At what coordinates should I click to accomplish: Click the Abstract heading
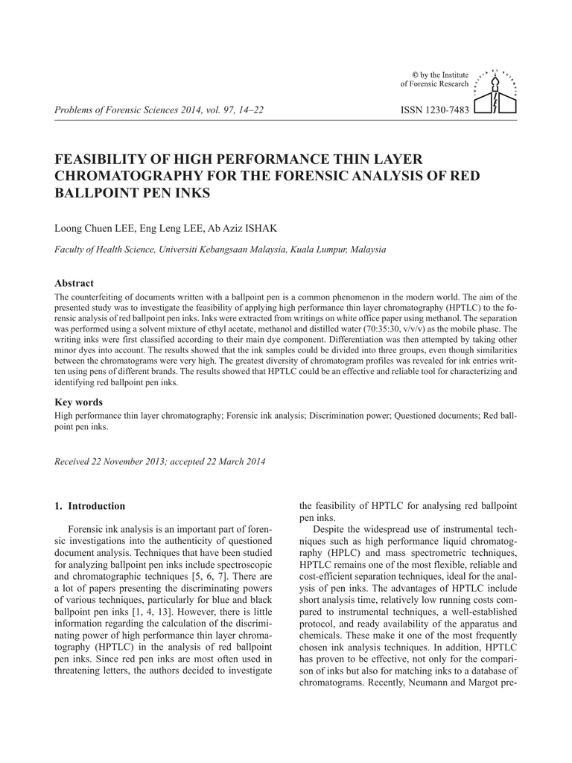coord(74,283)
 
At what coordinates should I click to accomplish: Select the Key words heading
coord(79,402)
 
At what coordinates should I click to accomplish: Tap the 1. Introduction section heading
coord(90,506)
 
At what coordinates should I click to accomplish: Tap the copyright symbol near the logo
coord(415,75)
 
